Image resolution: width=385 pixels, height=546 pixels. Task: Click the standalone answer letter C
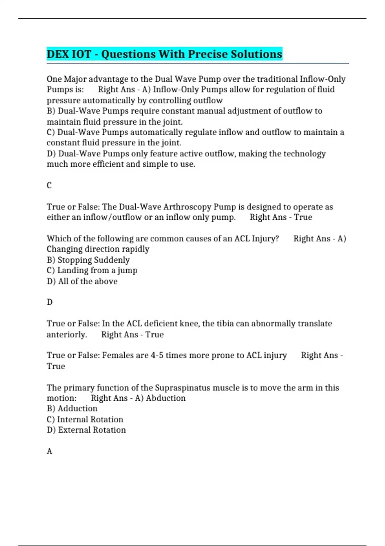point(49,185)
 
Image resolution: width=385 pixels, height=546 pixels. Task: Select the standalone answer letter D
point(49,302)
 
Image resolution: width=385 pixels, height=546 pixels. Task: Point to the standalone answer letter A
point(49,451)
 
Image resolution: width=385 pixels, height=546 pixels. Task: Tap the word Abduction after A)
point(166,398)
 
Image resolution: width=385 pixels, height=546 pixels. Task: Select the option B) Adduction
point(72,409)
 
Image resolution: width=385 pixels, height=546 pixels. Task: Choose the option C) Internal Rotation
point(85,419)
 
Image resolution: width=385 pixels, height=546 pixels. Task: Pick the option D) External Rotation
point(86,430)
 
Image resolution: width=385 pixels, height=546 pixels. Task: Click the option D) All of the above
point(82,281)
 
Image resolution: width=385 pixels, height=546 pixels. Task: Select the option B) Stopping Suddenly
point(88,260)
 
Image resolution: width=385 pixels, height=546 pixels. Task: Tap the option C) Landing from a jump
point(92,270)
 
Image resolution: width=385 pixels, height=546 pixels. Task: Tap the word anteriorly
point(67,335)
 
